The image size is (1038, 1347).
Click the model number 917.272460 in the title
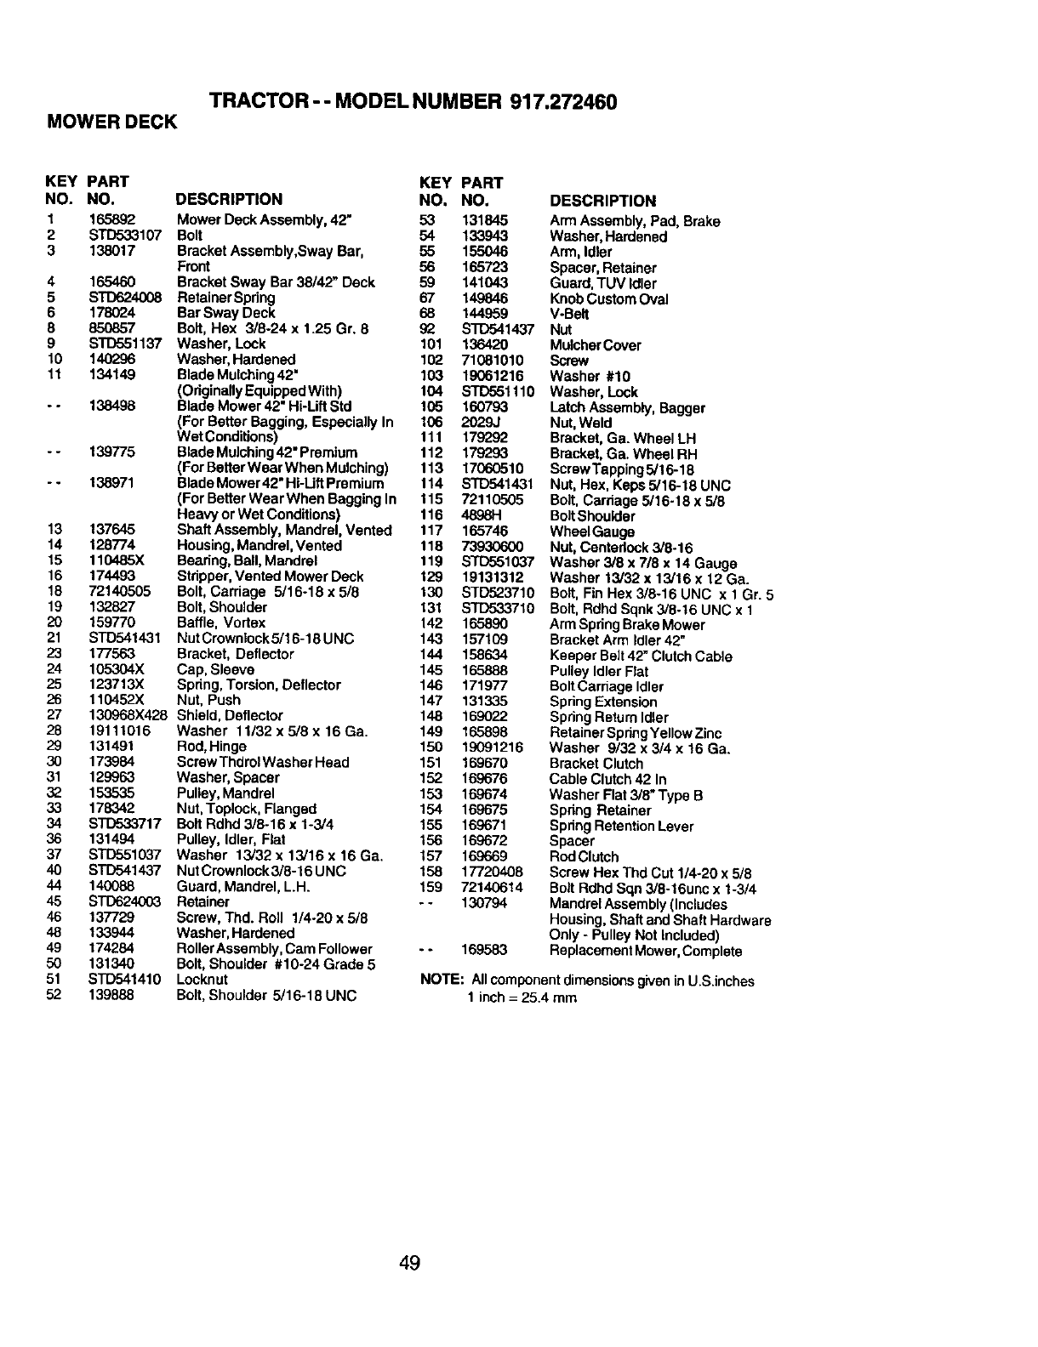click(x=562, y=102)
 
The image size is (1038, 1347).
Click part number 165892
click(x=112, y=220)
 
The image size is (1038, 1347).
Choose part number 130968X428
click(x=128, y=716)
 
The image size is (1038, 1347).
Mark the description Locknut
click(x=202, y=980)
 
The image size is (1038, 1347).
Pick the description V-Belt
click(x=569, y=315)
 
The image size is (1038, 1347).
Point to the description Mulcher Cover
click(x=596, y=345)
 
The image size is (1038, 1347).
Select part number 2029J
click(x=478, y=423)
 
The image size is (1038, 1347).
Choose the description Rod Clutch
click(x=584, y=857)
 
